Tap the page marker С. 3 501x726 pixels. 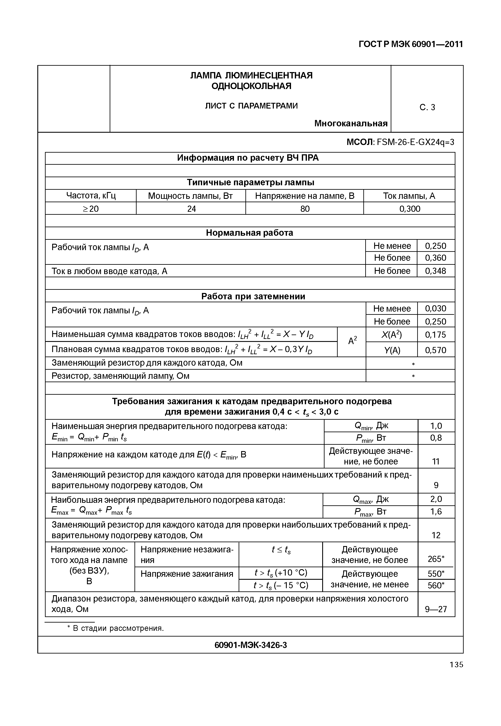(427, 108)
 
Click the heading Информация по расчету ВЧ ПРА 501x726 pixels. (248, 158)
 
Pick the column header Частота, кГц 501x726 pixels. (91, 196)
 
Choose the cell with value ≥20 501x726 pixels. (91, 209)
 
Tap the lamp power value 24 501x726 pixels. (191, 209)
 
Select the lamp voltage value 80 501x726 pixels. (305, 209)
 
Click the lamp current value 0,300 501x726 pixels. (409, 209)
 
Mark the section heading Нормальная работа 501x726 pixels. (250, 233)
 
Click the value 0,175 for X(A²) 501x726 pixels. (435, 335)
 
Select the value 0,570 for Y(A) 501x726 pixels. (435, 350)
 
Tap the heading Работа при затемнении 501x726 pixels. (253, 296)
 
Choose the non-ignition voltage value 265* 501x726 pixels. (436, 559)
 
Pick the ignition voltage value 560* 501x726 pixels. (436, 585)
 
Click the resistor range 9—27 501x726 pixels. (436, 609)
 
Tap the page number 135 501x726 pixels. (456, 665)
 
